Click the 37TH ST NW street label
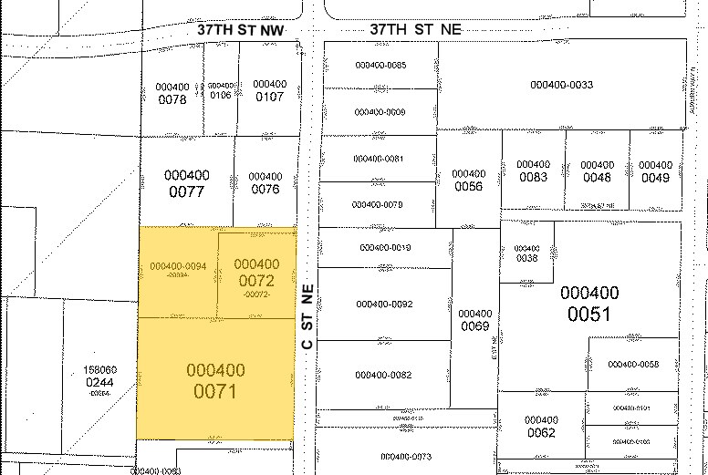[242, 30]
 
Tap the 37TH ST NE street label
[415, 30]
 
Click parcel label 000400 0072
[257, 273]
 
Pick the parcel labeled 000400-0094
[178, 265]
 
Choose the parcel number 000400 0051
[589, 304]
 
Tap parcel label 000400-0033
[561, 85]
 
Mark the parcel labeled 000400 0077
[186, 183]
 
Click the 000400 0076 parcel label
[265, 182]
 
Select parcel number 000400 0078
[172, 93]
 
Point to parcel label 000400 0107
[269, 90]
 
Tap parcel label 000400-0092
[384, 304]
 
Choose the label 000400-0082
[383, 375]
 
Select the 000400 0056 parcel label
[468, 180]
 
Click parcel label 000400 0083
[533, 170]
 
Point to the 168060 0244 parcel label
[99, 377]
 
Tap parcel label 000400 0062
[541, 426]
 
